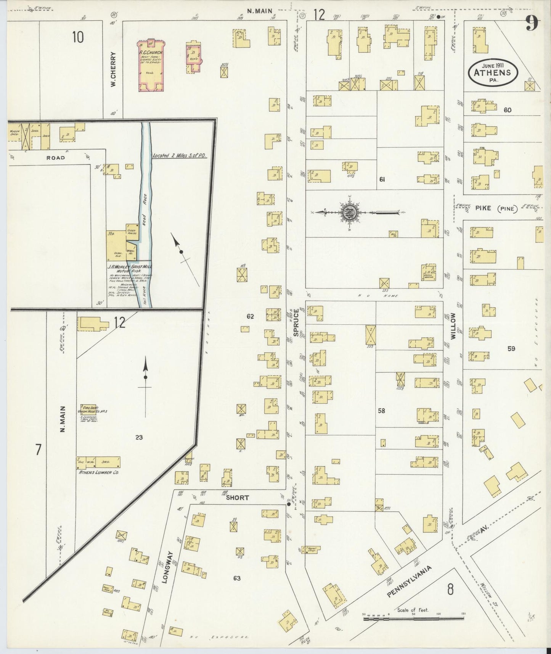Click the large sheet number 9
[x=532, y=24]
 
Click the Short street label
[x=237, y=498]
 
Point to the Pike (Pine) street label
[x=496, y=208]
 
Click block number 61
[x=382, y=179]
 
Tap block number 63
[x=237, y=578]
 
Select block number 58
[x=381, y=411]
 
